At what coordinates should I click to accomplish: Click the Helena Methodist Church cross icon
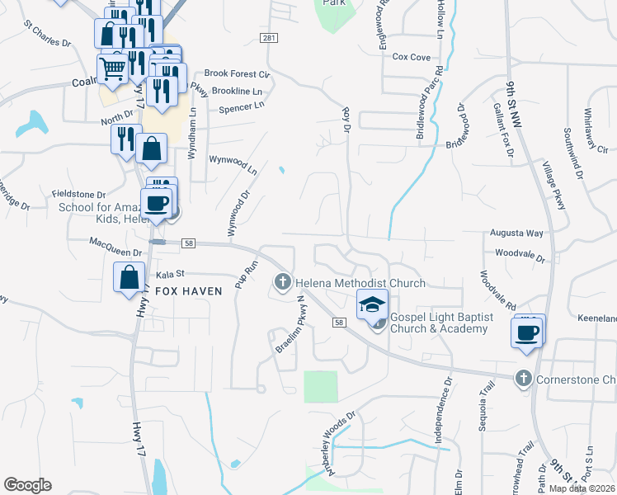tap(282, 283)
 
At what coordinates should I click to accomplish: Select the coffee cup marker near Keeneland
tap(526, 332)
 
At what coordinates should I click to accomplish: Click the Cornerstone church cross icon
tap(522, 379)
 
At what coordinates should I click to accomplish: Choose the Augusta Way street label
tap(517, 233)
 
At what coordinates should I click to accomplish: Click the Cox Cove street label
tap(411, 57)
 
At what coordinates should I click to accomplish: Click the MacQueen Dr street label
tap(115, 242)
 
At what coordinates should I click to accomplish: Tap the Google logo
tap(27, 485)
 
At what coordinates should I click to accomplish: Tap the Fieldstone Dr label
tap(79, 193)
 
